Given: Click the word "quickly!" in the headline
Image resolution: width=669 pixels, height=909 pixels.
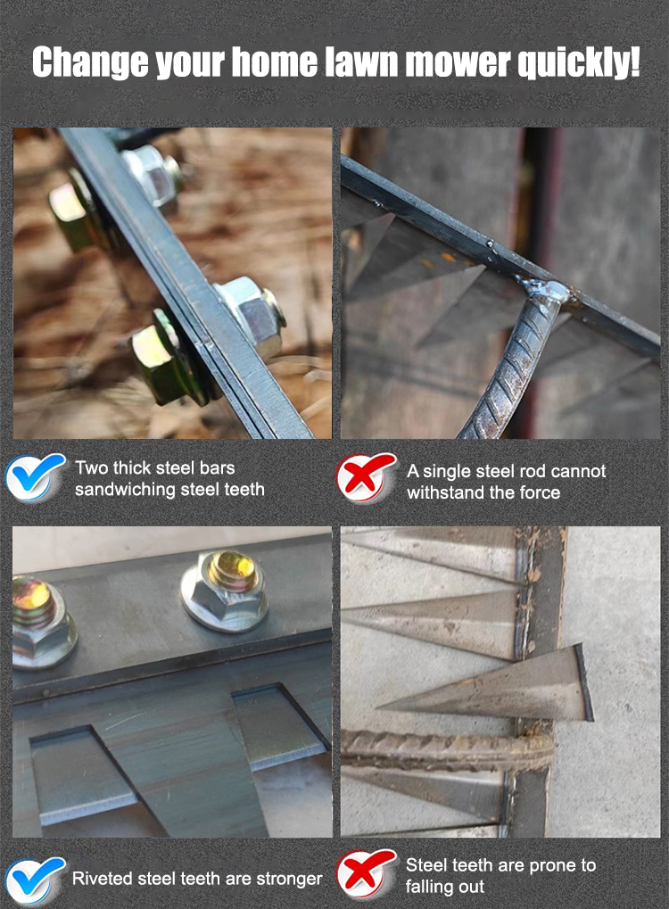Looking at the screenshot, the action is [x=579, y=62].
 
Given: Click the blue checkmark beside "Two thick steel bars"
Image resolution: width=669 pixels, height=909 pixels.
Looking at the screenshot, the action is [x=34, y=476].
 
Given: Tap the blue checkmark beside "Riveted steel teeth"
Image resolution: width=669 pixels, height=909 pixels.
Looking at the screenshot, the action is [x=34, y=880].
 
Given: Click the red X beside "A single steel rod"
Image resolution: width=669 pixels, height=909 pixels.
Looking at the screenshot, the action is [x=366, y=476].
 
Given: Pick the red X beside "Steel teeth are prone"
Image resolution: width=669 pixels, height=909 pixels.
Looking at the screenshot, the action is [x=366, y=873].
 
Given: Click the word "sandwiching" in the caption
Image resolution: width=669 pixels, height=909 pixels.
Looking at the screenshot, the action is [x=125, y=490].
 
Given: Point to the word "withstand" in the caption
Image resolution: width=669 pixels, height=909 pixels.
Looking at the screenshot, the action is [x=445, y=492].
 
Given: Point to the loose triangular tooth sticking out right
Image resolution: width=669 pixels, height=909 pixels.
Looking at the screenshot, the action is [x=487, y=684].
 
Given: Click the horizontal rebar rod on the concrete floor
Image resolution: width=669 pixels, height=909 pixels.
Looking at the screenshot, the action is [x=446, y=750].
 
